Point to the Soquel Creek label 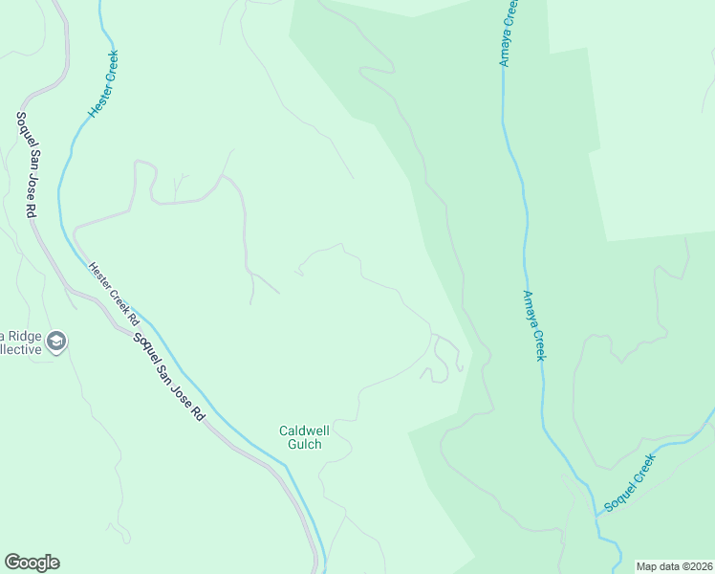[x=631, y=482]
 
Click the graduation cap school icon [x=56, y=342]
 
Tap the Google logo [x=32, y=563]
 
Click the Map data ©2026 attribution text [x=675, y=566]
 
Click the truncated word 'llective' [x=20, y=349]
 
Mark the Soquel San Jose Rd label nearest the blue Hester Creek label [x=25, y=164]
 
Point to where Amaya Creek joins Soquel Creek [x=596, y=515]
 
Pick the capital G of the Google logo [x=12, y=563]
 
